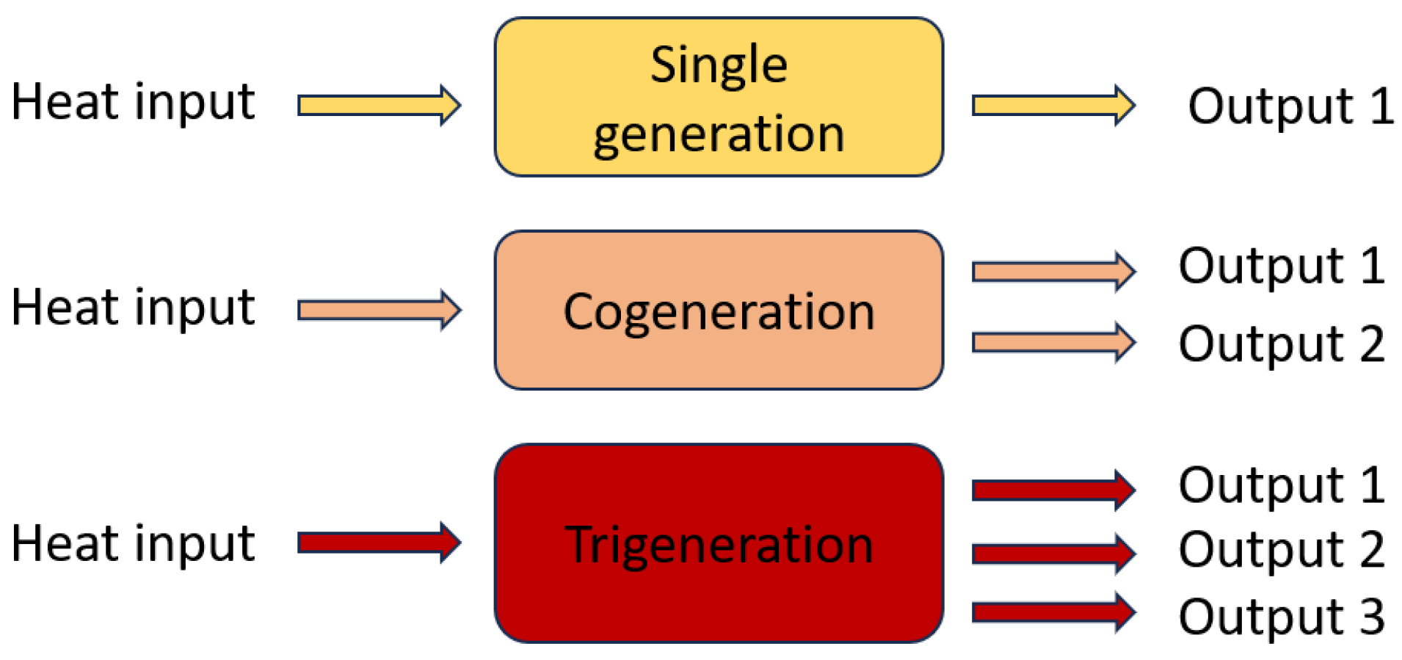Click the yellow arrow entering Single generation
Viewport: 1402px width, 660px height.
click(377, 105)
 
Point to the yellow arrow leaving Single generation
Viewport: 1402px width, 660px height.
click(1053, 105)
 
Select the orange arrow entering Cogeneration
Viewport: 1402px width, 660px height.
click(377, 310)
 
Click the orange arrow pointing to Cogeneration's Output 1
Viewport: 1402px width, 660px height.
click(1053, 272)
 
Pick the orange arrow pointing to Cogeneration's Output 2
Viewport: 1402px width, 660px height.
click(1053, 342)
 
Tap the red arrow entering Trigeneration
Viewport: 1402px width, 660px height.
click(377, 543)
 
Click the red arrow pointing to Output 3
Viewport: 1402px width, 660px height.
click(1053, 612)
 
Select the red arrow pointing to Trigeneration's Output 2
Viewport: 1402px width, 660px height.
click(1053, 553)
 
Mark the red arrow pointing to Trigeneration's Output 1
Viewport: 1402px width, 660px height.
click(1053, 490)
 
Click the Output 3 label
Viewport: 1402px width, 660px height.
click(1281, 616)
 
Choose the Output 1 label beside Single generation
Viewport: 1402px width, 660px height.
click(1290, 106)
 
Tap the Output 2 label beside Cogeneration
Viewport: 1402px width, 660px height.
click(1281, 343)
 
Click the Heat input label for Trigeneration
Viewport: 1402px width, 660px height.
click(134, 543)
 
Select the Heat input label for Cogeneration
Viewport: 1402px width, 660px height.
click(134, 307)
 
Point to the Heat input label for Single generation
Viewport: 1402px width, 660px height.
click(134, 101)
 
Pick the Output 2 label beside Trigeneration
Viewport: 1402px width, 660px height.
click(1281, 549)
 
